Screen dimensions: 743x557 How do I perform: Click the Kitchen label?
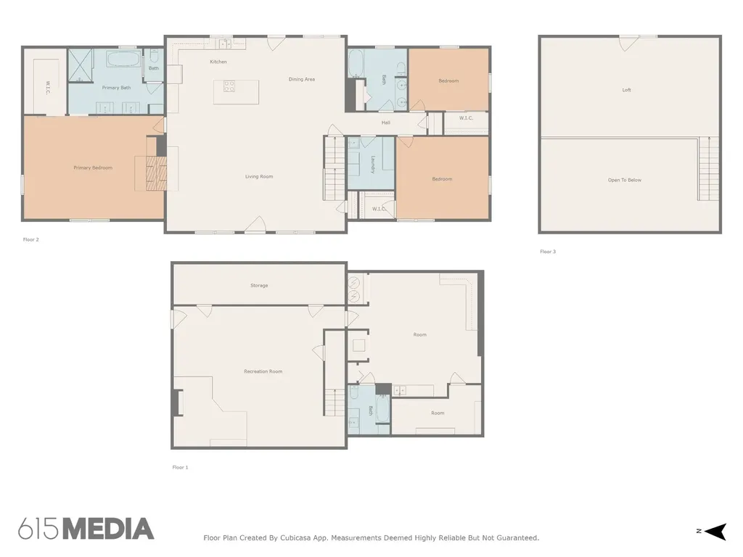click(x=218, y=62)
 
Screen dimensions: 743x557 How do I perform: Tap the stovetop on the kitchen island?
click(x=229, y=86)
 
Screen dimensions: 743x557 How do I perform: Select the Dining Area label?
click(x=302, y=79)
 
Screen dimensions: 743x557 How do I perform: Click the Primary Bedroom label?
click(x=93, y=168)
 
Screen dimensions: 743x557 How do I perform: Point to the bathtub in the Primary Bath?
click(x=123, y=59)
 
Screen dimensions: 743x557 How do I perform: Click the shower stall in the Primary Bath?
click(x=81, y=65)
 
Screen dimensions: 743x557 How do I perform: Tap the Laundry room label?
click(x=373, y=165)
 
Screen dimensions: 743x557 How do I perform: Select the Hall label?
click(x=386, y=123)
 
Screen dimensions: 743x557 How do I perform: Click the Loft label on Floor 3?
click(x=626, y=89)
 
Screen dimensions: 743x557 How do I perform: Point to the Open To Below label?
click(x=625, y=180)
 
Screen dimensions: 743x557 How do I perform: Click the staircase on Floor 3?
click(x=708, y=168)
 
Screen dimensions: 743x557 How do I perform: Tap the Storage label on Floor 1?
click(x=259, y=286)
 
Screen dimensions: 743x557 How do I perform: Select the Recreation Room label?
click(x=263, y=371)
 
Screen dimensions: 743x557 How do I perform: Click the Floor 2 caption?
click(x=30, y=239)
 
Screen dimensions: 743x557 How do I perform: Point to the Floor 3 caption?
click(x=548, y=252)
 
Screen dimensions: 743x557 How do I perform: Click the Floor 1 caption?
click(x=180, y=468)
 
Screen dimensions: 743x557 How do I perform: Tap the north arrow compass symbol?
click(x=715, y=532)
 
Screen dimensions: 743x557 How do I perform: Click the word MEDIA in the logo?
click(x=109, y=529)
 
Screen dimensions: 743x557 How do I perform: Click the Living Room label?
click(x=259, y=177)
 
